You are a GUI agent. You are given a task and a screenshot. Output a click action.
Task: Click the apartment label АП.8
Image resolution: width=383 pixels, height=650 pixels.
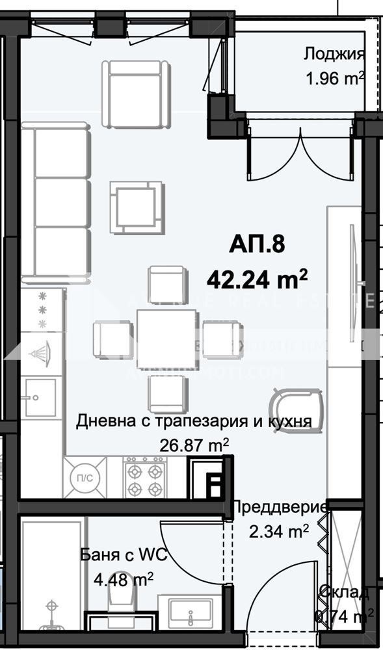point(257,245)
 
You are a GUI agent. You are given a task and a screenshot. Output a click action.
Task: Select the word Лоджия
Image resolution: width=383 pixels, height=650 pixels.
point(334,54)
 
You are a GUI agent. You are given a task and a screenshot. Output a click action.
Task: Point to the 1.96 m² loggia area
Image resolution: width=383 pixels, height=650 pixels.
point(335,79)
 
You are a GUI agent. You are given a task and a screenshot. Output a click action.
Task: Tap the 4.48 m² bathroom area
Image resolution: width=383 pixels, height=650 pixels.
point(124,578)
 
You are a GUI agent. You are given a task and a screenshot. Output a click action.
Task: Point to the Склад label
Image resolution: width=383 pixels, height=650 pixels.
point(345,592)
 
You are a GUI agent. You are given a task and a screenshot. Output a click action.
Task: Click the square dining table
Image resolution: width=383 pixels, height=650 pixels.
point(167,339)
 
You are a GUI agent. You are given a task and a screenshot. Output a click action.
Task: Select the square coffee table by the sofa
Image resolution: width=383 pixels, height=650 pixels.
point(136,207)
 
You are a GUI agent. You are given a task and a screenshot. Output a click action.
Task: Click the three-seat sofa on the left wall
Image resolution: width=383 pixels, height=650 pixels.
point(57,204)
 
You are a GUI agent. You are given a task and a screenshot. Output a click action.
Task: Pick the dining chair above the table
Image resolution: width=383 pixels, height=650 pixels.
point(168,284)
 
